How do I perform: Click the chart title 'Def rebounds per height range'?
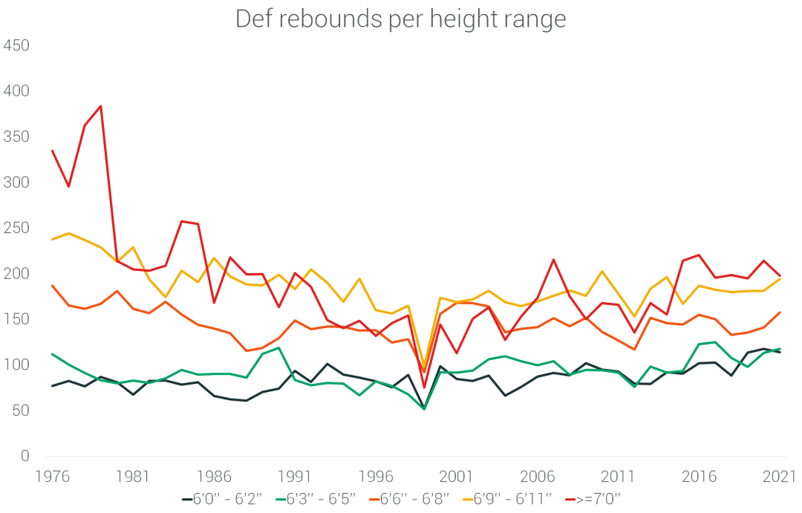pyautogui.click(x=400, y=19)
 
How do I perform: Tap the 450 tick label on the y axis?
pyautogui.click(x=16, y=46)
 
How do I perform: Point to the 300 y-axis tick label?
pyautogui.click(x=16, y=183)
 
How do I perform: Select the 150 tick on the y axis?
pyautogui.click(x=16, y=319)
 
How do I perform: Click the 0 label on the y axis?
pyautogui.click(x=25, y=456)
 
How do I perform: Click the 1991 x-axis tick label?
pyautogui.click(x=296, y=476)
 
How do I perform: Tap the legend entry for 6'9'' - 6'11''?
pyautogui.click(x=512, y=499)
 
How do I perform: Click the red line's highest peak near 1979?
pyautogui.click(x=100, y=106)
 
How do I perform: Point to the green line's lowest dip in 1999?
pyautogui.click(x=424, y=409)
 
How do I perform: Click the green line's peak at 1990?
pyautogui.click(x=278, y=347)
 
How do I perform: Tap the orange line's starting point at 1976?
pyautogui.click(x=52, y=286)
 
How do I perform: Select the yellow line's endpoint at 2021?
pyautogui.click(x=780, y=278)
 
